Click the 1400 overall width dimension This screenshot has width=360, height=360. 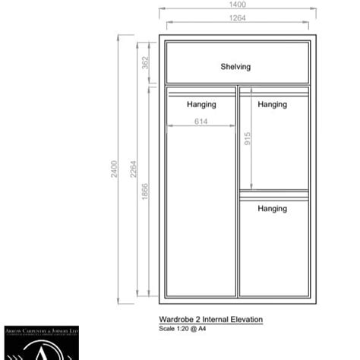pos(238,5)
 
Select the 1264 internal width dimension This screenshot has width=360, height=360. pos(238,17)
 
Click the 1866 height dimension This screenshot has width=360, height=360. pos(145,191)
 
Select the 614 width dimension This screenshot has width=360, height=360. pos(201,121)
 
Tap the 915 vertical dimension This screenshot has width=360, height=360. pos(248,140)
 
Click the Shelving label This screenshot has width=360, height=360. pos(235,67)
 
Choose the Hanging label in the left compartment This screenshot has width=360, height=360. pos(201,105)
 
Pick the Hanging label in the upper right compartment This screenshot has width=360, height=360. pos(272,105)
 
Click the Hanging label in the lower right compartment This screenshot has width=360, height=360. pos(272,208)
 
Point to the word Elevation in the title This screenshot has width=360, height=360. pos(246,320)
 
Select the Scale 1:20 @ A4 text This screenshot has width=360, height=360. pos(182,329)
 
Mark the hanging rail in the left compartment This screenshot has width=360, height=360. pos(201,93)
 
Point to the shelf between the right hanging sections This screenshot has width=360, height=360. pos(273,191)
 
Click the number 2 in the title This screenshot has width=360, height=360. pos(200,320)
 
